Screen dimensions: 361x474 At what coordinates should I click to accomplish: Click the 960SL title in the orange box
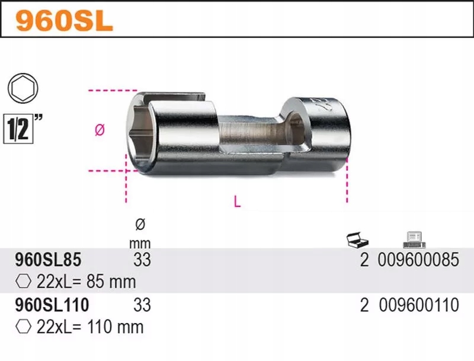(64, 21)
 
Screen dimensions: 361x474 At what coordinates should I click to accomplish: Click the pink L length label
(237, 202)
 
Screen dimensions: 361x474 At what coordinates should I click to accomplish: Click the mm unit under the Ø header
(140, 242)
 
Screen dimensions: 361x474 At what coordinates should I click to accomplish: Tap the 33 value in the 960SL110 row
(142, 305)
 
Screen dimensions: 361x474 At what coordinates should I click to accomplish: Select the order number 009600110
(418, 305)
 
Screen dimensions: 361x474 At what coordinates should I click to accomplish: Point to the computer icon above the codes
(414, 239)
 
